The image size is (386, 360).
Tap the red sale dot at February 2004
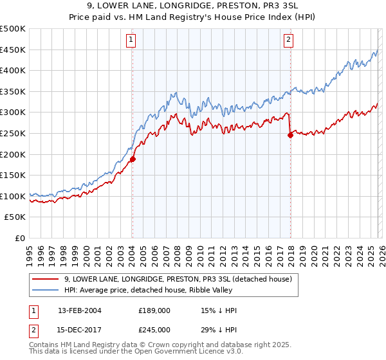tap(133, 159)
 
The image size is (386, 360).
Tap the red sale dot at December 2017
tap(290, 135)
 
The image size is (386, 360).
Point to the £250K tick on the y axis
tap(13, 133)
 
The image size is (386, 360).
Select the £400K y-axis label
tap(13, 71)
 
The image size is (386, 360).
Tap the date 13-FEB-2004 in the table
tap(79, 310)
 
